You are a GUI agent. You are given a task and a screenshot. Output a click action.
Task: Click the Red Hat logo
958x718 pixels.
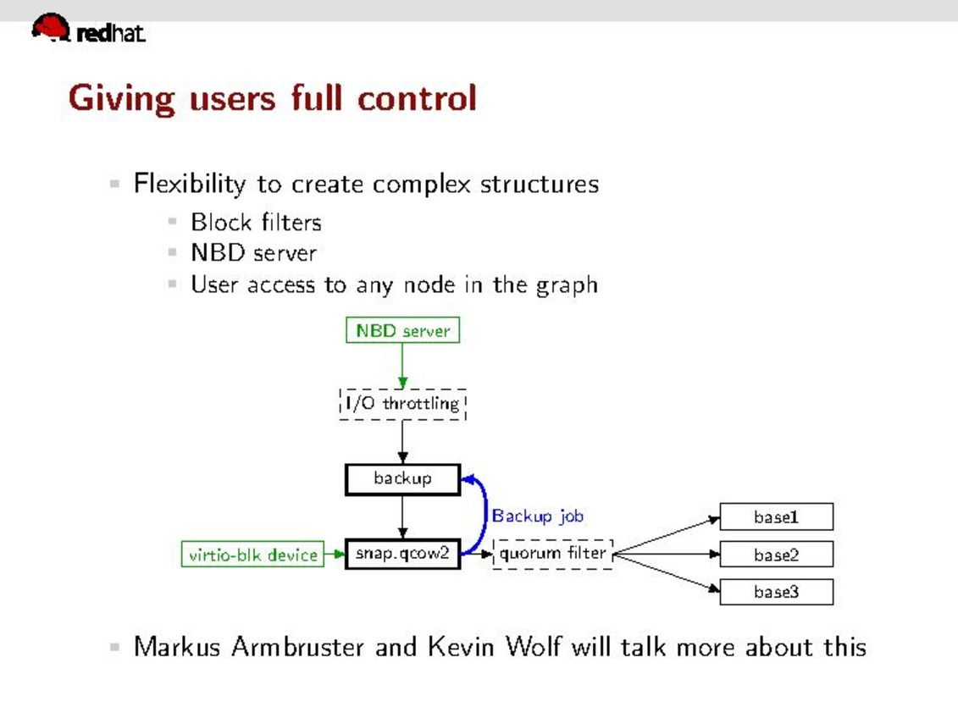(87, 30)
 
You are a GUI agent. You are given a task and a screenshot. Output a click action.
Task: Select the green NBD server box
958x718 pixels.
(402, 330)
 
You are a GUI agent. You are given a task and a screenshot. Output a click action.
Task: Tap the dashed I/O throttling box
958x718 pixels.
(402, 404)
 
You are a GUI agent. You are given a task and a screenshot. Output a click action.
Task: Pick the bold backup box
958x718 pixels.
(402, 479)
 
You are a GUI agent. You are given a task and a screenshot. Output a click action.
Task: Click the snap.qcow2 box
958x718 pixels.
(402, 554)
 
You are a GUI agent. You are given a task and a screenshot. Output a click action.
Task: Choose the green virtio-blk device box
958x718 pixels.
(252, 555)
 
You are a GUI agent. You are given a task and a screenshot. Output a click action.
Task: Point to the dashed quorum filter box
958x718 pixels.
(552, 554)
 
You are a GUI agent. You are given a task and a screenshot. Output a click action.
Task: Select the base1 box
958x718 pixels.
(776, 516)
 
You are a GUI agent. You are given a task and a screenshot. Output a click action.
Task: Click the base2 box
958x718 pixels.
(776, 555)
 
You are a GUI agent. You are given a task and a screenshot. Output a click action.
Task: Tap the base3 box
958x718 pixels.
(776, 592)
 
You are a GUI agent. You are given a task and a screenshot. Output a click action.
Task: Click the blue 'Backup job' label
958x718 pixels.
(538, 516)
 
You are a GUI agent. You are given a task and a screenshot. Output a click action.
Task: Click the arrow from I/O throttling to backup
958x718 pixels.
(402, 442)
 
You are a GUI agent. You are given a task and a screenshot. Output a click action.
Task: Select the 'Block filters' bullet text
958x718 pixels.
(256, 223)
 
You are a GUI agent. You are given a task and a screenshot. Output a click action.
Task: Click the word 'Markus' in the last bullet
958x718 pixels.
(177, 648)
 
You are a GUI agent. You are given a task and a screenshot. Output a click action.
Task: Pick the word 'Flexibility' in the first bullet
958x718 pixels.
(190, 185)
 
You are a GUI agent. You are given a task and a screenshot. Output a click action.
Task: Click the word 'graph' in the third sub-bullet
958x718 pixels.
(567, 284)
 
